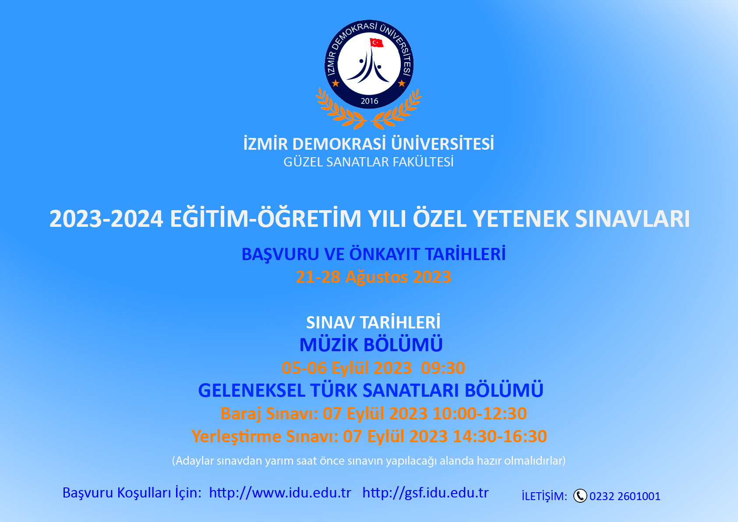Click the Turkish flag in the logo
(376, 42)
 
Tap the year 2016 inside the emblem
(369, 101)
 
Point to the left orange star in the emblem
(335, 83)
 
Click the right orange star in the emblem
(402, 83)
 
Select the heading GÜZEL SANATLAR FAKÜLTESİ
(368, 162)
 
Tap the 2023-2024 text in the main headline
(106, 219)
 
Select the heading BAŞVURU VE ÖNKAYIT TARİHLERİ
(373, 254)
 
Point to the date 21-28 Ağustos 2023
(373, 277)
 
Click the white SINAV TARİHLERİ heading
(373, 323)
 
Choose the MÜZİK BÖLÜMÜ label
(371, 345)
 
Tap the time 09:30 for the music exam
(443, 368)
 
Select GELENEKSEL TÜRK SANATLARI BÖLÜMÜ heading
(371, 391)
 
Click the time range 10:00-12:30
(480, 413)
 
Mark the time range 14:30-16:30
(500, 437)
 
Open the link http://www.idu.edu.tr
(280, 493)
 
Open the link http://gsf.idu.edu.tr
(425, 493)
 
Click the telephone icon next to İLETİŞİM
(580, 496)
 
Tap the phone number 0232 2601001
(625, 496)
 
